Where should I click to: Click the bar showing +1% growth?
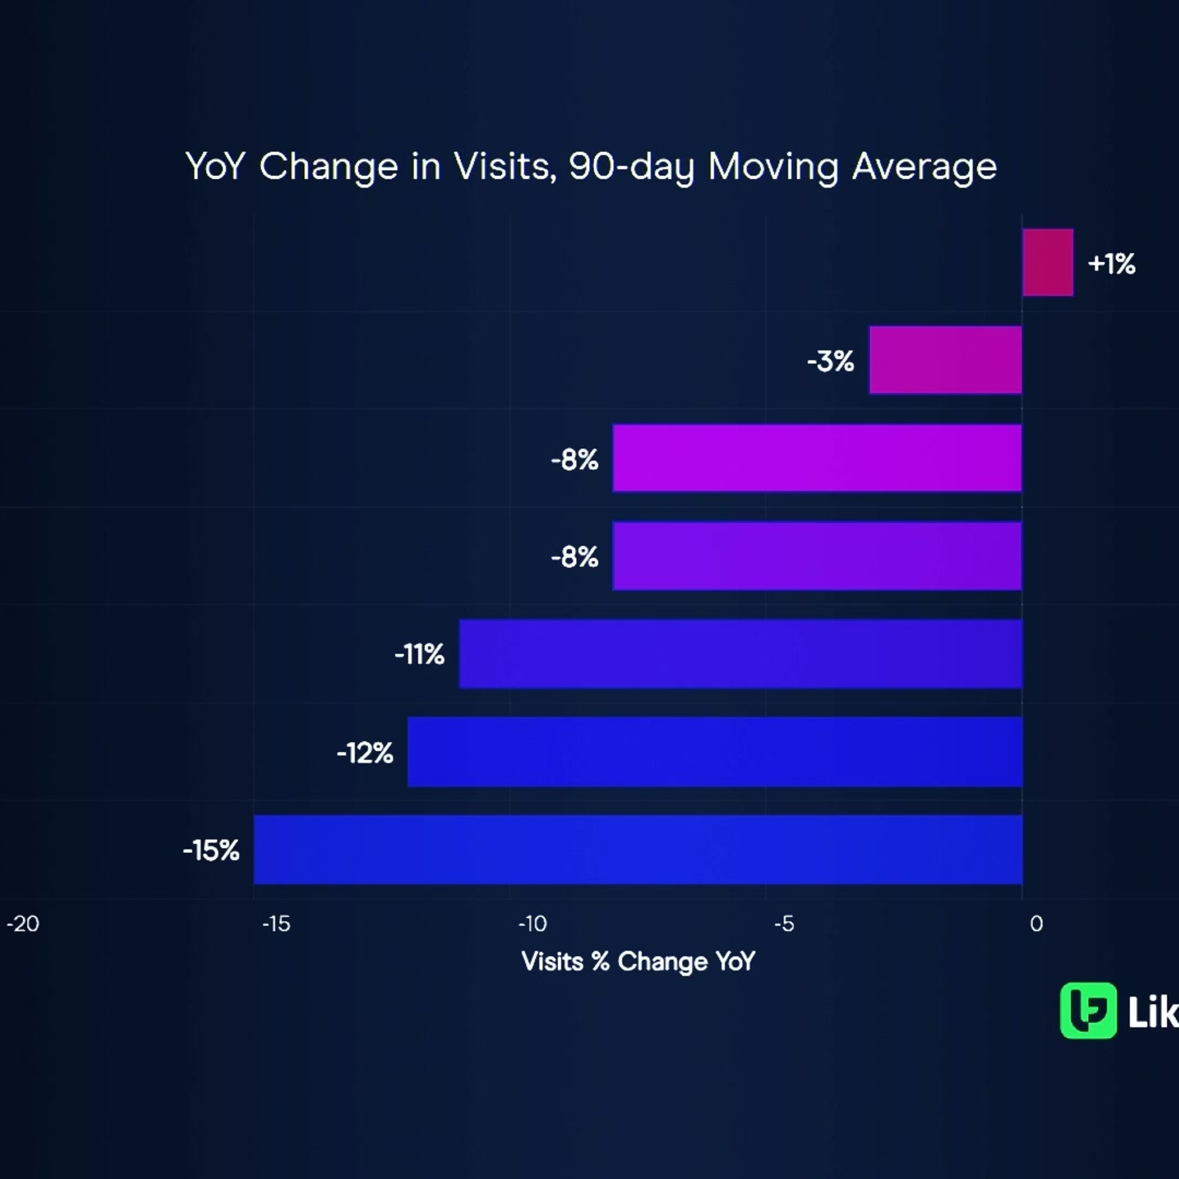click(1048, 263)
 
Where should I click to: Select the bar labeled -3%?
click(945, 360)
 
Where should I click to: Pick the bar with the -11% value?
click(740, 654)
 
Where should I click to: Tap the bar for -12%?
click(714, 752)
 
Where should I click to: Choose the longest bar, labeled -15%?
click(638, 849)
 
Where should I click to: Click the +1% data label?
click(1111, 264)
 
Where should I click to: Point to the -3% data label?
click(830, 361)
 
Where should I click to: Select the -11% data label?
click(419, 655)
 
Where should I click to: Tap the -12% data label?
click(365, 753)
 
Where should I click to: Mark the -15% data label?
click(211, 850)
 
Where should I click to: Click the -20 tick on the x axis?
click(22, 924)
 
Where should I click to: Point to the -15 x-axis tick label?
click(276, 924)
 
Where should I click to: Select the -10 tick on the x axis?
click(532, 924)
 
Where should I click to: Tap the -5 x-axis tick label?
click(784, 924)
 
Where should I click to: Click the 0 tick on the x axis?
click(1036, 924)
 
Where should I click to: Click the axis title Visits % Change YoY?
click(638, 962)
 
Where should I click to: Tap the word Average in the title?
click(924, 167)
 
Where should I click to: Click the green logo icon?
click(1089, 1010)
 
